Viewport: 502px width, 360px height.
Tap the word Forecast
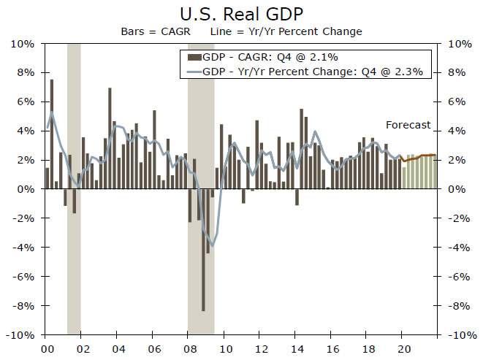click(408, 125)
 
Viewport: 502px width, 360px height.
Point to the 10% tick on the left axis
click(23, 44)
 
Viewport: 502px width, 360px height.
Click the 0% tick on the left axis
click(26, 189)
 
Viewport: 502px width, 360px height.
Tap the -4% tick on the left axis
click(24, 247)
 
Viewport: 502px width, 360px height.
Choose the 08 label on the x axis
click(189, 348)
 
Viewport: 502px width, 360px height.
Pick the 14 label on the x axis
click(296, 348)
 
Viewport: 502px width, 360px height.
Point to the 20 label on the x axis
click(403, 348)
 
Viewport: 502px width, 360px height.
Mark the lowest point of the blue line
click(212, 245)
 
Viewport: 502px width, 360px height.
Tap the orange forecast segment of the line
click(420, 156)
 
